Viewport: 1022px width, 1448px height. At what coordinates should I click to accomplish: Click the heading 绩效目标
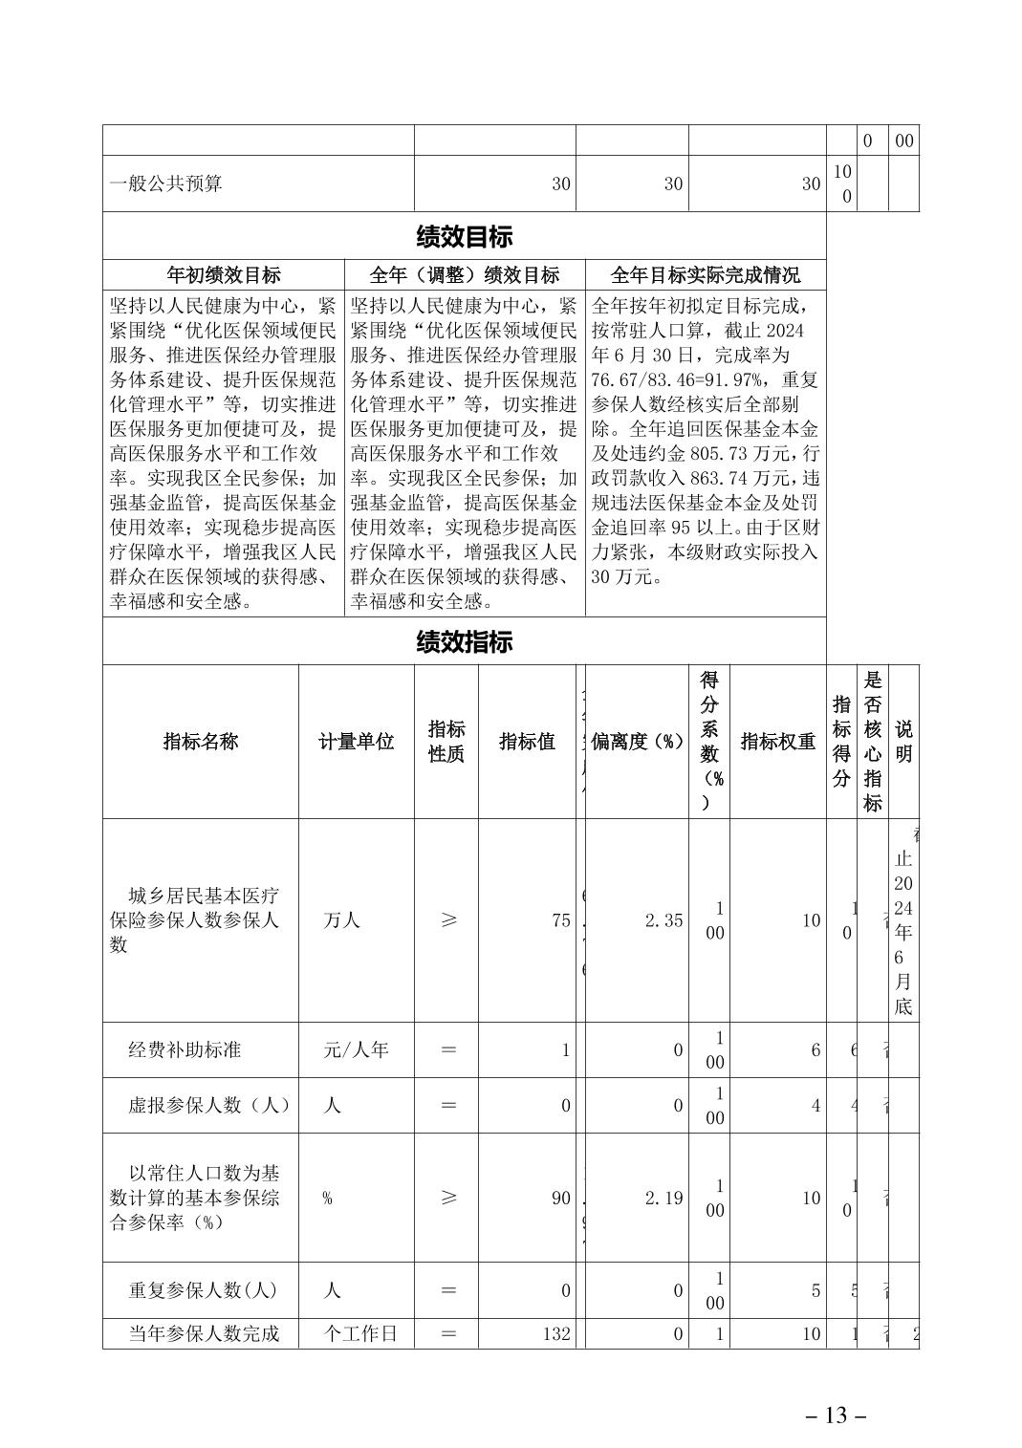(464, 236)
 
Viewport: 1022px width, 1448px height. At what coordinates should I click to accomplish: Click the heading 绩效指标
(464, 641)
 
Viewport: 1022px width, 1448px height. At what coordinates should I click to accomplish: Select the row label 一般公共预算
(165, 184)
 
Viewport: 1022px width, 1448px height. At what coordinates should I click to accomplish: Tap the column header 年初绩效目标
(224, 275)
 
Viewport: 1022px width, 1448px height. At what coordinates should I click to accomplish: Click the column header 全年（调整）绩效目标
(465, 275)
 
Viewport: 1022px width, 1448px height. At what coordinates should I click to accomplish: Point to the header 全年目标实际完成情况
(705, 275)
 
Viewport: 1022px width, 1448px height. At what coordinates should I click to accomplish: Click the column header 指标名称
(201, 742)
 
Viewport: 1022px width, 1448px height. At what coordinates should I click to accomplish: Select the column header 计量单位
(356, 742)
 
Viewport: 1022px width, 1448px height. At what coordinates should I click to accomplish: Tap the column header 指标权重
(777, 742)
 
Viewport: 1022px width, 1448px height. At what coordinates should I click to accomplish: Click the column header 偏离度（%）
(638, 742)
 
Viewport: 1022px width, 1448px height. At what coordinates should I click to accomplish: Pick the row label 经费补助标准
(185, 1049)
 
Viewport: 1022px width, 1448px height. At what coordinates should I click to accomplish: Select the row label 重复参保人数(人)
(203, 1290)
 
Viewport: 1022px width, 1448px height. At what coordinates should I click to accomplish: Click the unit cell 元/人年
(356, 1049)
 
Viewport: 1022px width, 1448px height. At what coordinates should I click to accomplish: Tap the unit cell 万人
(341, 920)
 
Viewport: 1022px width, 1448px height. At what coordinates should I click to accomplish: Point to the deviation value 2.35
(663, 920)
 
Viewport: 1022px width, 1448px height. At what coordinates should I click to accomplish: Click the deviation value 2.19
(663, 1198)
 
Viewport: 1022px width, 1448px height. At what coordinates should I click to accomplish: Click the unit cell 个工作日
(360, 1333)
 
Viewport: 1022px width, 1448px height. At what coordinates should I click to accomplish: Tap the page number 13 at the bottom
(836, 1416)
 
